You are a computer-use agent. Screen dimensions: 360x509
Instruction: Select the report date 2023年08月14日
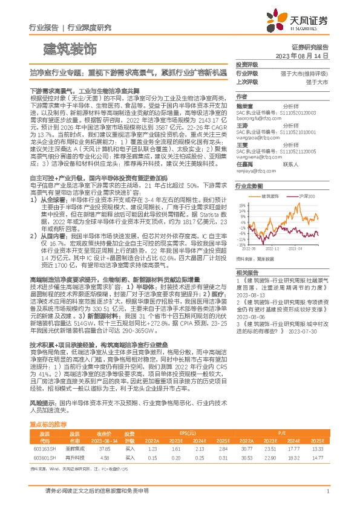[301, 55]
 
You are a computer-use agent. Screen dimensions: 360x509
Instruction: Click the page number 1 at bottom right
[327, 491]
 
